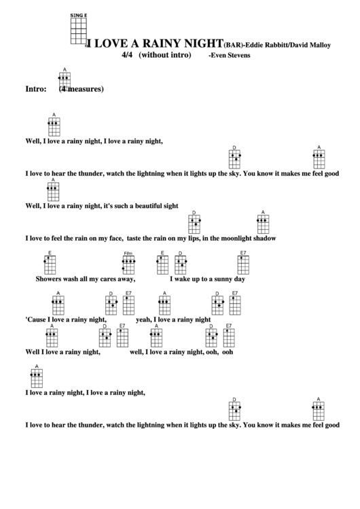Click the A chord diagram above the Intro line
coord(64,79)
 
